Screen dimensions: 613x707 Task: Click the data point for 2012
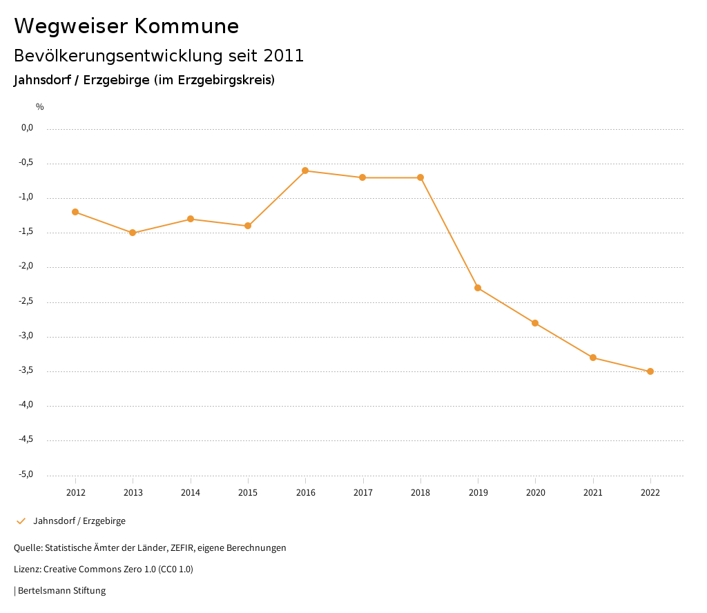point(75,212)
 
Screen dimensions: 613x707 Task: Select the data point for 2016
point(305,171)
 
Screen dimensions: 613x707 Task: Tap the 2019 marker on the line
point(478,288)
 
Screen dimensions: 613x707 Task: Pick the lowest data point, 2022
point(650,371)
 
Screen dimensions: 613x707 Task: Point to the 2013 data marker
point(133,233)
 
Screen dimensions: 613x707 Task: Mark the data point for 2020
point(535,323)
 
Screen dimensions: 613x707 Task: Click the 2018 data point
point(420,177)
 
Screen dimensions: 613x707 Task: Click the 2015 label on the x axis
point(248,492)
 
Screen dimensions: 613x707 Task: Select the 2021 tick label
point(593,492)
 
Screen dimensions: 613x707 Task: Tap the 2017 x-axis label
point(363,492)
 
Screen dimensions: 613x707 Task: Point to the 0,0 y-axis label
point(28,128)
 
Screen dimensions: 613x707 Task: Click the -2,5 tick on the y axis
point(26,301)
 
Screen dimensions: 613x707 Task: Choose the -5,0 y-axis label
point(26,474)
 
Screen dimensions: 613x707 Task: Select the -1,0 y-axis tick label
point(26,197)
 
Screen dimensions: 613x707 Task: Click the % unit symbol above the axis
point(40,106)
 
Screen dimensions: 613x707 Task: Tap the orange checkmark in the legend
point(21,521)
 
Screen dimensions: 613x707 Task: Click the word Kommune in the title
point(186,26)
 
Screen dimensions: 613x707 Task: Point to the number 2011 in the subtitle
point(284,56)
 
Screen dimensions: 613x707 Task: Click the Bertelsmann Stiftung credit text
point(61,591)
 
